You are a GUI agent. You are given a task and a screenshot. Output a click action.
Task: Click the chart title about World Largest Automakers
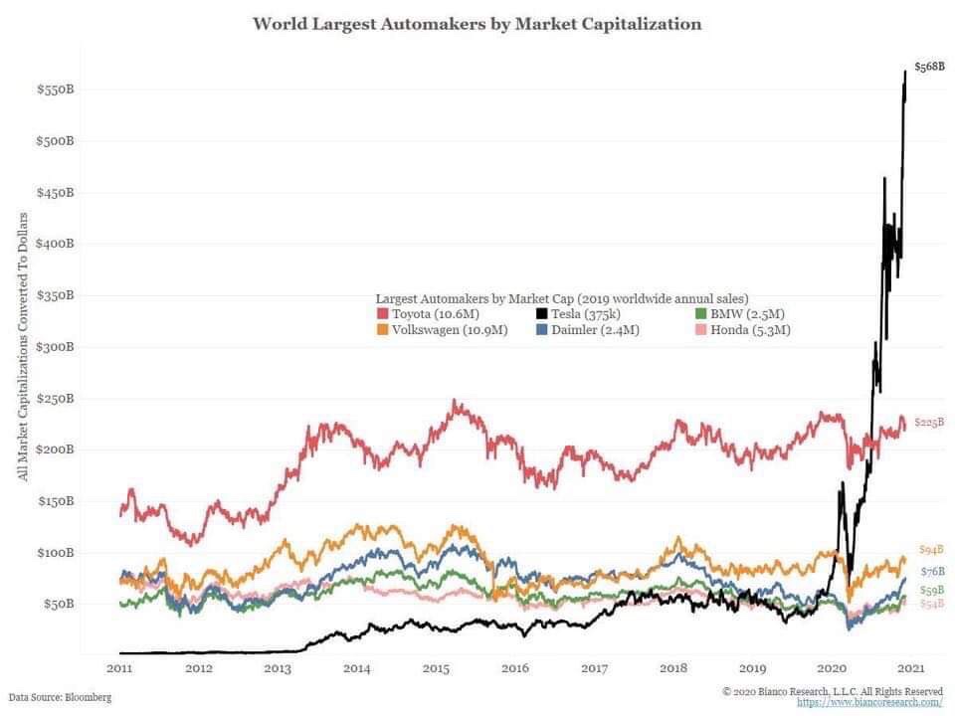(477, 23)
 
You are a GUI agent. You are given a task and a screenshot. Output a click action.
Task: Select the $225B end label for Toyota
(928, 422)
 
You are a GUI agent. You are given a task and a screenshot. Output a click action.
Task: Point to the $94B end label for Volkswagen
(930, 550)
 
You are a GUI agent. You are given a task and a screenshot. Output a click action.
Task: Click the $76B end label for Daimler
(931, 571)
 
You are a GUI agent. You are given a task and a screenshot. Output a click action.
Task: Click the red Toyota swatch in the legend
(383, 314)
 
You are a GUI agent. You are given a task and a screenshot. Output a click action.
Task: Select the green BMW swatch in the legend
(701, 314)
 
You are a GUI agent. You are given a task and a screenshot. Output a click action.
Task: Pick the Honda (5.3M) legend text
(751, 330)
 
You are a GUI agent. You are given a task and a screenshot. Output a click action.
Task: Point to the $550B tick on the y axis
(56, 89)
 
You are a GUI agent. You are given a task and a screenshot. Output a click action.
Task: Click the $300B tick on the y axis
(56, 346)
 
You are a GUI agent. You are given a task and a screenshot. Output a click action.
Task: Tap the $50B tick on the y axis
(59, 604)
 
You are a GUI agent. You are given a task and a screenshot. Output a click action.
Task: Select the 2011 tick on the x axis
(119, 668)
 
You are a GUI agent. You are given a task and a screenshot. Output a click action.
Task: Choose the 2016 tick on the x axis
(515, 668)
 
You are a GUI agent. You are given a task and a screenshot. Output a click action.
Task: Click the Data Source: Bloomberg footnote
(60, 698)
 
